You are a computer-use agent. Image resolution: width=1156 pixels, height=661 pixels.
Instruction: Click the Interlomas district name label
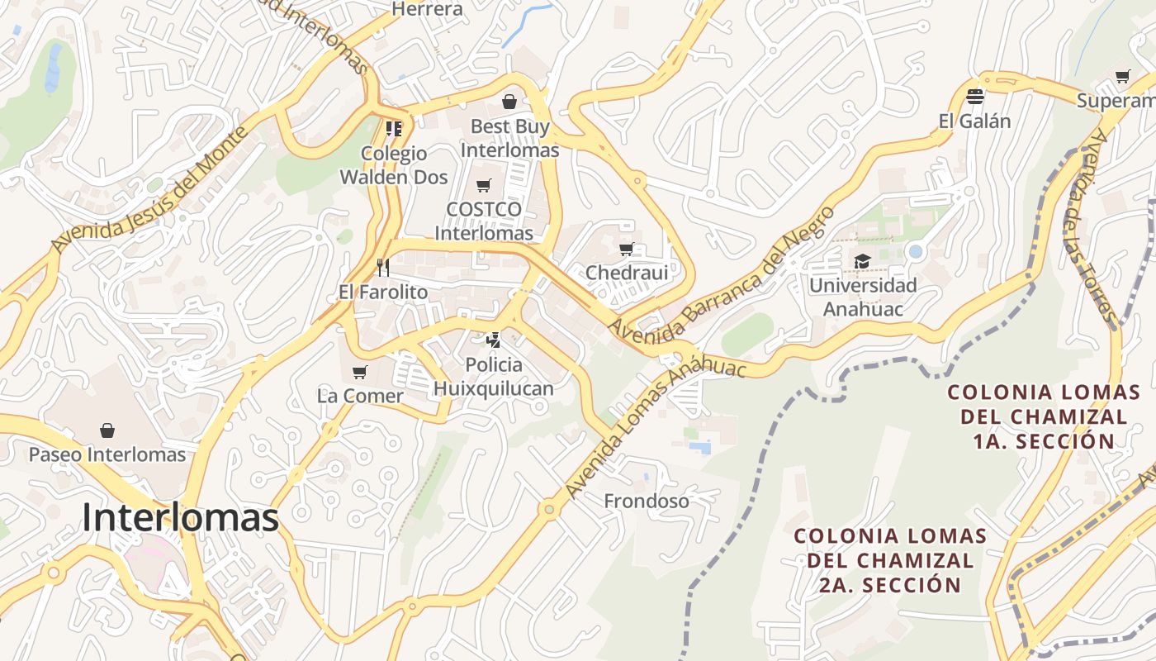(180, 518)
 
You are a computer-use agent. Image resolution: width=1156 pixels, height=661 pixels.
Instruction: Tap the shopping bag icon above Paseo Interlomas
(107, 430)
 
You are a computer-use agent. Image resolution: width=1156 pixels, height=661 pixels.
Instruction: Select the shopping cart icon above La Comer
(359, 372)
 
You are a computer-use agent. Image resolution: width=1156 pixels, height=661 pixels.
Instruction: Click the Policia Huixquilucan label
(494, 376)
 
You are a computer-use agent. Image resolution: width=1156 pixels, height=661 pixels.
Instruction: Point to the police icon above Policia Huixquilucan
(493, 339)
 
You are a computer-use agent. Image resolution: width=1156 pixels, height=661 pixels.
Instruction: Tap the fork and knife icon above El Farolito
(382, 267)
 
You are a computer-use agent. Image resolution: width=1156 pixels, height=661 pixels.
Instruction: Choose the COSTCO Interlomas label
(484, 221)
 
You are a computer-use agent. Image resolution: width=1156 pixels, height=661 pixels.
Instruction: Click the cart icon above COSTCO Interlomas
(484, 185)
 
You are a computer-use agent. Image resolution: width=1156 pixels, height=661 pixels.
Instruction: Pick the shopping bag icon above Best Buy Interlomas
(509, 102)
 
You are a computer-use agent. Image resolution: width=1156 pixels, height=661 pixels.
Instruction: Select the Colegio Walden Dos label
(394, 164)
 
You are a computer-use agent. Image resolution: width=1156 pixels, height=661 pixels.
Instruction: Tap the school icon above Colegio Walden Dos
(394, 128)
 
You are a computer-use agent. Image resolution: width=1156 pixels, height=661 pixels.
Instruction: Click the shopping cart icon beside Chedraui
(627, 249)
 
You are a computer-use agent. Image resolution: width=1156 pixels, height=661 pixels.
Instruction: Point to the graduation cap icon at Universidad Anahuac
(862, 261)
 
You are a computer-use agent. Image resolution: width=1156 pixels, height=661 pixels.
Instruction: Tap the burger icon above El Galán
(974, 97)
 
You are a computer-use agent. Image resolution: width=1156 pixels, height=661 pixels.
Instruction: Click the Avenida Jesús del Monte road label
(149, 190)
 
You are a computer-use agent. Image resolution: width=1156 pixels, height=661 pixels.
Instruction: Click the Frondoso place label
(647, 501)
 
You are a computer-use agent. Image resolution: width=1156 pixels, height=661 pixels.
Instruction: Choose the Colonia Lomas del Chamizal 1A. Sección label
(1037, 416)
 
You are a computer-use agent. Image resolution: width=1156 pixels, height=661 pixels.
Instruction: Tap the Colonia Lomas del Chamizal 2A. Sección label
(890, 560)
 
